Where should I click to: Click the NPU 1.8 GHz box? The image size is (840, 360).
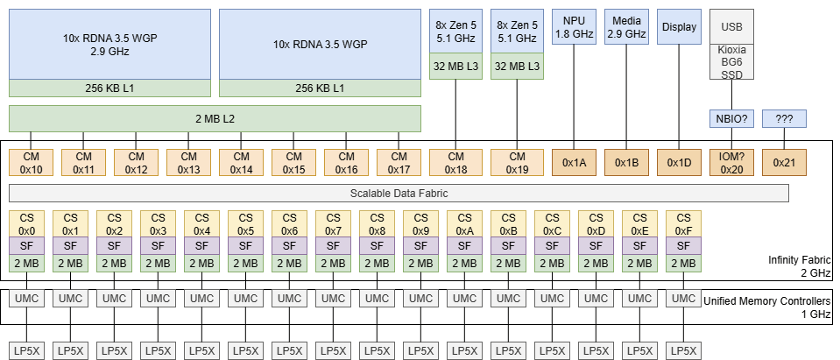[x=574, y=27]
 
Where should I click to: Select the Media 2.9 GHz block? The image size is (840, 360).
[x=627, y=27]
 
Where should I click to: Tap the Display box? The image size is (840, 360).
[x=680, y=27]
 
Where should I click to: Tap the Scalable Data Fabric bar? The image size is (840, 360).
[x=399, y=193]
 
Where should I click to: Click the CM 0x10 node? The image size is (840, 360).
[x=32, y=163]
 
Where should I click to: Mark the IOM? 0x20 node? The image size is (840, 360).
[x=731, y=163]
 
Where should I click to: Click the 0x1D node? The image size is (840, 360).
[x=680, y=163]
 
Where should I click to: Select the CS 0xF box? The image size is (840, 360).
[x=683, y=223]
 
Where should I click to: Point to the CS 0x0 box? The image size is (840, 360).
[x=27, y=223]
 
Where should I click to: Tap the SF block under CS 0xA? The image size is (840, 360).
[x=464, y=246]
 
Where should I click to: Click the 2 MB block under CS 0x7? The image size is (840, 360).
[x=333, y=263]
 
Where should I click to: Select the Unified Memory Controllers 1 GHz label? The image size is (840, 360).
[x=767, y=307]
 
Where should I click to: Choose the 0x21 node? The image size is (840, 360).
[x=784, y=163]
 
